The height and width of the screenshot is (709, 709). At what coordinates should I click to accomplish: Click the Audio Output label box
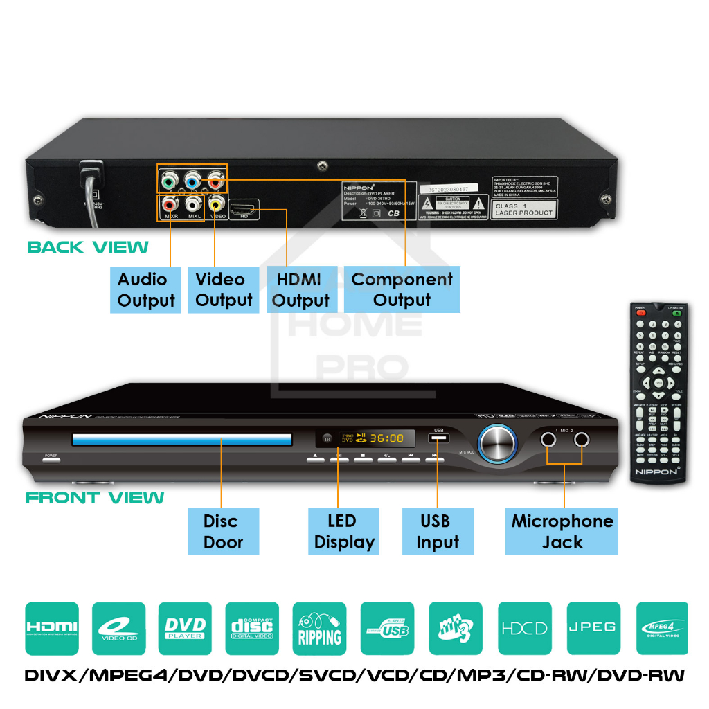pyautogui.click(x=146, y=289)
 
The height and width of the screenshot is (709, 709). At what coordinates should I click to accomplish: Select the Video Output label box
pyautogui.click(x=224, y=289)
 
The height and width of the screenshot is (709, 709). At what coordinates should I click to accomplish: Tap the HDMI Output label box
pyautogui.click(x=300, y=289)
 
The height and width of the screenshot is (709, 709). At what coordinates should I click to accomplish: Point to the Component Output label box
pyautogui.click(x=402, y=289)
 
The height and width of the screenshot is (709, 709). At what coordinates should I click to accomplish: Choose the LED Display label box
pyautogui.click(x=344, y=531)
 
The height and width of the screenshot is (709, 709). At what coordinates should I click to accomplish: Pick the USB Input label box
pyautogui.click(x=438, y=531)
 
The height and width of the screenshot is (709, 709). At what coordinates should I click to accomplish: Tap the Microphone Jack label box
pyautogui.click(x=562, y=531)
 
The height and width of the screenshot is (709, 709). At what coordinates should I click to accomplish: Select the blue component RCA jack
pyautogui.click(x=192, y=183)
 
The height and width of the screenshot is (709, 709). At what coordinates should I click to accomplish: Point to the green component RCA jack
pyautogui.click(x=168, y=183)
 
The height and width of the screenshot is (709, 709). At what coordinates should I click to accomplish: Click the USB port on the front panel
pyautogui.click(x=438, y=439)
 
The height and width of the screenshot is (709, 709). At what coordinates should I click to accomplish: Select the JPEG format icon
pyautogui.click(x=593, y=628)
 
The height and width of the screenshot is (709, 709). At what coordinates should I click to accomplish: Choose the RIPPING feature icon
pyautogui.click(x=319, y=628)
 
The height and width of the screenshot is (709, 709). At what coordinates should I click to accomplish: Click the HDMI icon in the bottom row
pyautogui.click(x=51, y=628)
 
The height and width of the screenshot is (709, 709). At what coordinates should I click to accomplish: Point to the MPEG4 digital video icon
pyautogui.click(x=661, y=628)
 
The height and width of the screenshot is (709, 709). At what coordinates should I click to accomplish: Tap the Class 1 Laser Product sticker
pyautogui.click(x=524, y=209)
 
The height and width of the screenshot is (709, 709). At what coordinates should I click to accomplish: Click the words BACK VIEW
pyautogui.click(x=88, y=247)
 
